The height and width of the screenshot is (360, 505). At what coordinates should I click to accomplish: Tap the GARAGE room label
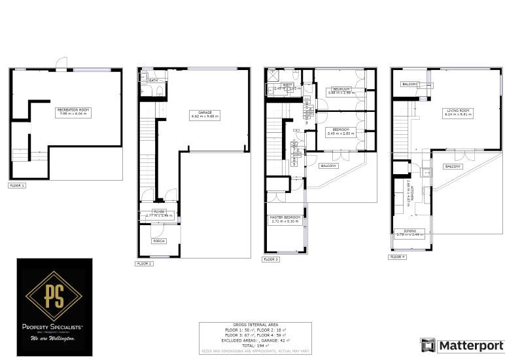(x=205, y=114)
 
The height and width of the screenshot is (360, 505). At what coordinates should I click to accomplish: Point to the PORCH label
(x=158, y=241)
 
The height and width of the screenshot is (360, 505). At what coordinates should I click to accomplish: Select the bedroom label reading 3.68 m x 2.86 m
(x=340, y=90)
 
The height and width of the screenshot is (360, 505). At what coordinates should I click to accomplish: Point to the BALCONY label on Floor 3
(x=328, y=166)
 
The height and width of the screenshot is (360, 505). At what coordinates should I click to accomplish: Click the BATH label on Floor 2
(x=152, y=81)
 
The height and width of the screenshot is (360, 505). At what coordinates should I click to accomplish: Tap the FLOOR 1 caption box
(x=17, y=186)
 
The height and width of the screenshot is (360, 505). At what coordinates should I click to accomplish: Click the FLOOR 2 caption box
(x=144, y=263)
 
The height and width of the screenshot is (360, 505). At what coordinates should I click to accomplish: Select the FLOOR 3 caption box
(x=271, y=259)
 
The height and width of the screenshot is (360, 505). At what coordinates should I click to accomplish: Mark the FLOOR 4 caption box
(x=398, y=257)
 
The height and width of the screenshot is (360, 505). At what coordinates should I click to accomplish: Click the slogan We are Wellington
(x=54, y=338)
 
